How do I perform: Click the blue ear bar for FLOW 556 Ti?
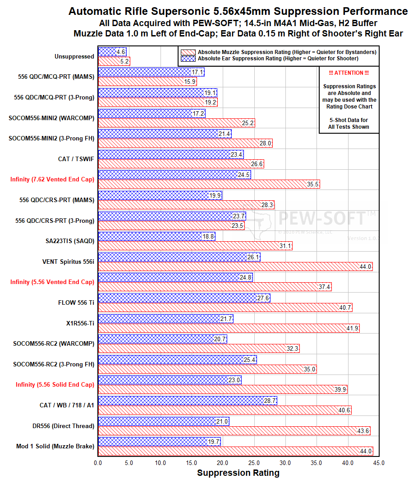click(184, 298)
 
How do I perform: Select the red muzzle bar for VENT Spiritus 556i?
click(235, 266)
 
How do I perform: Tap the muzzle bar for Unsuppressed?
click(114, 61)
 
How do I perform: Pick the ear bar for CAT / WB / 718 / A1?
click(187, 401)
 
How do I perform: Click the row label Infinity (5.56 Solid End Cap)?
click(55, 384)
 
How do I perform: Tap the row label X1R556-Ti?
click(79, 323)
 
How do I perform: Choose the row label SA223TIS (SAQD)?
click(70, 241)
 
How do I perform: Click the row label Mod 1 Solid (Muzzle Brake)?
click(55, 446)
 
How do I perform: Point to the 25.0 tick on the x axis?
click(254, 463)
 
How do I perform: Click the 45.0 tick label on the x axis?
click(379, 463)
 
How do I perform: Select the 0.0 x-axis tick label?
click(98, 463)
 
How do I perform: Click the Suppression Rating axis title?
click(238, 473)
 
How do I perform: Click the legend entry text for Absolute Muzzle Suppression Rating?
click(287, 52)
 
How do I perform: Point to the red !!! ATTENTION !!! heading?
click(349, 73)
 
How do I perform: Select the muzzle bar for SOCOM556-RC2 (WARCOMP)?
click(198, 348)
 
